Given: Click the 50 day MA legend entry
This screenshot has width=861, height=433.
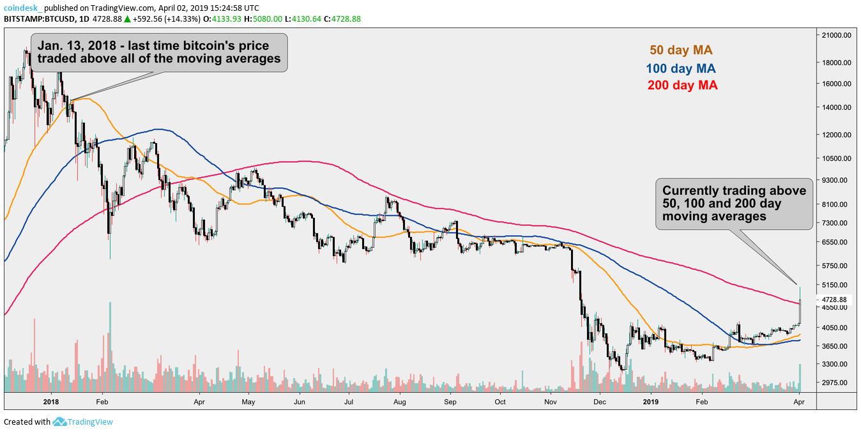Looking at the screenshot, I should pyautogui.click(x=680, y=50).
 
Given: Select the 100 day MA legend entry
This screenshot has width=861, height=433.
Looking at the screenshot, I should pyautogui.click(x=680, y=68).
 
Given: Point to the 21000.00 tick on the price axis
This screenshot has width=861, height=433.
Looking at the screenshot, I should pyautogui.click(x=838, y=36).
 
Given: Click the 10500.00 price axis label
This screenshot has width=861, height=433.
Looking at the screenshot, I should pyautogui.click(x=838, y=159).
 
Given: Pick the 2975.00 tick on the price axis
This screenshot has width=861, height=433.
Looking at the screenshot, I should pyautogui.click(x=838, y=383).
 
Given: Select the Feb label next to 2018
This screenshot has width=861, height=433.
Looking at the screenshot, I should pyautogui.click(x=101, y=402).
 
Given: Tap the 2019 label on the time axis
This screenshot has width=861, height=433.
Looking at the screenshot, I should pyautogui.click(x=650, y=402).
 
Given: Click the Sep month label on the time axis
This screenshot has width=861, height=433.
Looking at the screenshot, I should pyautogui.click(x=450, y=402).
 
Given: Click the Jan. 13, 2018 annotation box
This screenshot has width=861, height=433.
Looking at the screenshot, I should pyautogui.click(x=159, y=52).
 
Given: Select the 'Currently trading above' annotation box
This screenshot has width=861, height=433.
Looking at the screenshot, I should pyautogui.click(x=734, y=204).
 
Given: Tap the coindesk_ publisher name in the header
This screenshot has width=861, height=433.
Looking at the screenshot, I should pyautogui.click(x=23, y=8).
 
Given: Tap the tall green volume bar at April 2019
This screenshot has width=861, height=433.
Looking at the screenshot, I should pyautogui.click(x=800, y=377).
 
